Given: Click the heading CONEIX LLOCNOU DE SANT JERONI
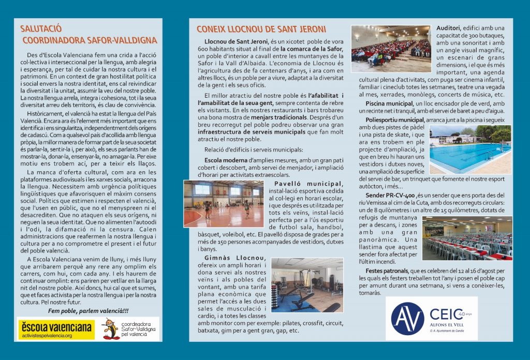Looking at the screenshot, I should pyautogui.click(x=261, y=29).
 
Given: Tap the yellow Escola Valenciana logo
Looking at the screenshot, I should pyautogui.click(x=56, y=329).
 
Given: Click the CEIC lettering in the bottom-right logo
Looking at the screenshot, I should pyautogui.click(x=444, y=313).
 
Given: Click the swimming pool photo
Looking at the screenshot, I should pyautogui.click(x=470, y=148).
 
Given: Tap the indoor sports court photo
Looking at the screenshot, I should pyautogui.click(x=223, y=203).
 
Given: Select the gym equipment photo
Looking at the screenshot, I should pyautogui.click(x=306, y=285).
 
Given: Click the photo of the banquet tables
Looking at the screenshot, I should pyautogui.click(x=467, y=238).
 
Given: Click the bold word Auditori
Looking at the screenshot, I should pyautogui.click(x=449, y=27).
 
